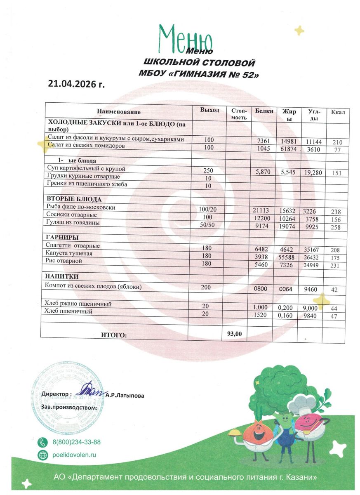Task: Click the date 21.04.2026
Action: (x=77, y=85)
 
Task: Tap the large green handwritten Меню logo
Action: (x=186, y=38)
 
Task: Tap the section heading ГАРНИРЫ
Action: (x=62, y=238)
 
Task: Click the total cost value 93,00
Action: (x=235, y=334)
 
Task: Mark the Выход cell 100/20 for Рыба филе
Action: (x=210, y=210)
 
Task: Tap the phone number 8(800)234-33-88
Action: (x=76, y=442)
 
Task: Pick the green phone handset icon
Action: (x=42, y=442)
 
